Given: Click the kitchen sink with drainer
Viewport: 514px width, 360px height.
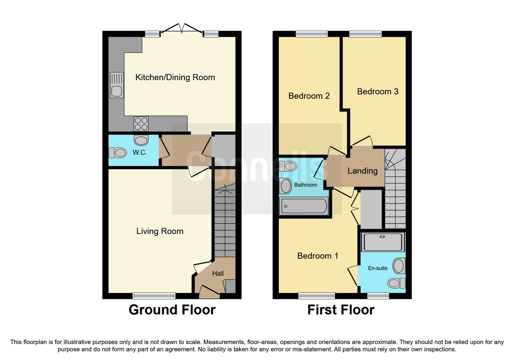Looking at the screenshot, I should (x=117, y=85).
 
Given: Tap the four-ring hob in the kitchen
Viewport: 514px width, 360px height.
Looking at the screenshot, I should (x=141, y=124).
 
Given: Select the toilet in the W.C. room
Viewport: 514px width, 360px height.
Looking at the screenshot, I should (x=118, y=152).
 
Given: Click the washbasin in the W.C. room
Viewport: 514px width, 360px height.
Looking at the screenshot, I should (x=141, y=140).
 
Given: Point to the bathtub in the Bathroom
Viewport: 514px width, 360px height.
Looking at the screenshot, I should (x=304, y=206).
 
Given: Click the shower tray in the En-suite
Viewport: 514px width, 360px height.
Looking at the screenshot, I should (x=383, y=242).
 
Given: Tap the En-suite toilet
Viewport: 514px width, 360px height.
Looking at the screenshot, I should (x=396, y=283).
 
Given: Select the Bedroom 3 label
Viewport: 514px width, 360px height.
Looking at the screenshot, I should (x=378, y=91).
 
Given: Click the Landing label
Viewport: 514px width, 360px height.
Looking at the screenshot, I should (x=362, y=171).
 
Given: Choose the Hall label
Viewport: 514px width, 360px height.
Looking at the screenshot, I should (x=218, y=273).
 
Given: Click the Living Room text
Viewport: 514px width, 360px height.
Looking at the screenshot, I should (x=160, y=231).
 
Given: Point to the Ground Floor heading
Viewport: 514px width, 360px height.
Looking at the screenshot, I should (x=172, y=310).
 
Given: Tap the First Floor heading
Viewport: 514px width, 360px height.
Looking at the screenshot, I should (x=341, y=310).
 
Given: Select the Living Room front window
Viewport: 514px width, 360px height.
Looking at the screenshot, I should (x=154, y=296).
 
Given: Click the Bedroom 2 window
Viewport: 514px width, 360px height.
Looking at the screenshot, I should (x=312, y=34).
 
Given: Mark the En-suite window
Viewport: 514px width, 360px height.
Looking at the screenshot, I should (x=378, y=296).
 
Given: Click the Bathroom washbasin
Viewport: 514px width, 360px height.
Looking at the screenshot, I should (x=286, y=186).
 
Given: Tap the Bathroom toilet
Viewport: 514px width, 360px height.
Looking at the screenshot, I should (x=288, y=166).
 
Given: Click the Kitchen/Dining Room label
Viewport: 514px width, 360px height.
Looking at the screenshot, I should (x=175, y=77).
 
